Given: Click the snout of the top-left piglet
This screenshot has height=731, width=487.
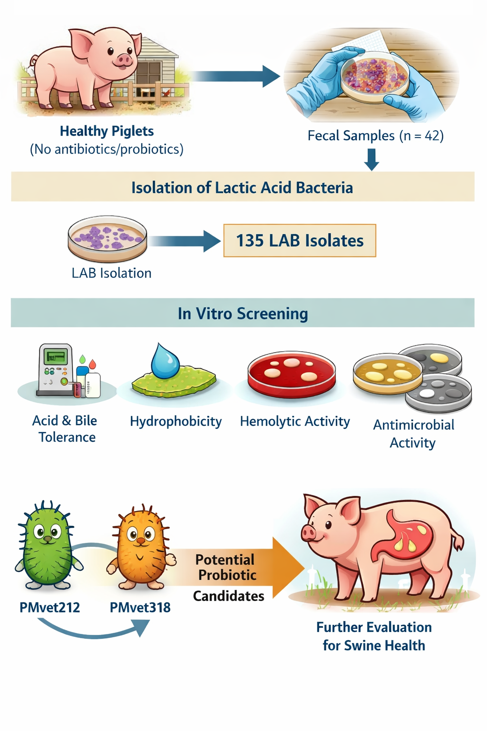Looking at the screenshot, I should (124, 59).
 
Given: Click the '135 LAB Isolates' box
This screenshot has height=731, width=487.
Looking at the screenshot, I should (300, 241).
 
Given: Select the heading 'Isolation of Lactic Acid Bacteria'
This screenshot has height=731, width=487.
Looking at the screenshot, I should (242, 188).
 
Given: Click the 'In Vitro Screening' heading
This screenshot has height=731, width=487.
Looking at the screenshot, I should (243, 314).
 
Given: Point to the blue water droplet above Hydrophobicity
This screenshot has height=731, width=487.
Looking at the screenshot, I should (165, 362).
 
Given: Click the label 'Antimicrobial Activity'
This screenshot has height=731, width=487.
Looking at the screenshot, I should (413, 434).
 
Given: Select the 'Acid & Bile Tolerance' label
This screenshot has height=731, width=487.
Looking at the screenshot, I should (66, 429).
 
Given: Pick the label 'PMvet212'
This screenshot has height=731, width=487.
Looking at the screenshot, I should (49, 608).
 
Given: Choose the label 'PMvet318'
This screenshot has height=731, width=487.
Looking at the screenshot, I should (140, 608).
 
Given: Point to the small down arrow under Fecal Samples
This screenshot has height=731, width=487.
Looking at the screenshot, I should (371, 159).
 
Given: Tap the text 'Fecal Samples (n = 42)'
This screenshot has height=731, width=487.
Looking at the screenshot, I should (375, 136).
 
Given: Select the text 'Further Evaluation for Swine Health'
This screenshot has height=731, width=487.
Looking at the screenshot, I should (374, 636).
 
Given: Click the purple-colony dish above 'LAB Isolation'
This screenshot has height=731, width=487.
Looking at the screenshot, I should (107, 238).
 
